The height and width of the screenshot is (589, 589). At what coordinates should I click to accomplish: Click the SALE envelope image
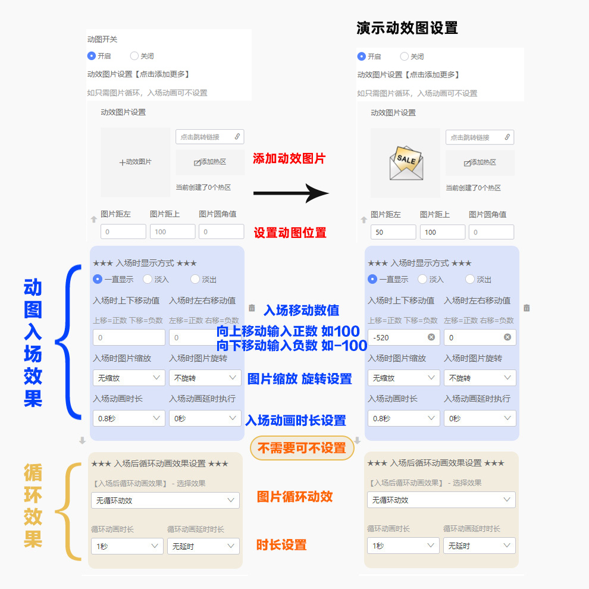pyautogui.click(x=405, y=163)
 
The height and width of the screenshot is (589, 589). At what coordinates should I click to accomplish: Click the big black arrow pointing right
pyautogui.click(x=291, y=193)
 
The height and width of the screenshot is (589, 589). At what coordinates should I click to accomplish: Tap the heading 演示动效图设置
pyautogui.click(x=407, y=28)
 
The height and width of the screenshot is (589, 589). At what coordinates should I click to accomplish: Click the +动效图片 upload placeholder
pyautogui.click(x=136, y=162)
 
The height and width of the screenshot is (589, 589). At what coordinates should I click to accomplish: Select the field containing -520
pyautogui.click(x=397, y=337)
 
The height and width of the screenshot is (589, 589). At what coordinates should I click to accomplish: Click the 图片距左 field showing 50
pyautogui.click(x=393, y=232)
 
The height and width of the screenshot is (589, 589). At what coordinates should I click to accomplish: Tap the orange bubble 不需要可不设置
pyautogui.click(x=302, y=448)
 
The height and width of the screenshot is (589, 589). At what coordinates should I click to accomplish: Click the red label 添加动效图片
pyautogui.click(x=289, y=159)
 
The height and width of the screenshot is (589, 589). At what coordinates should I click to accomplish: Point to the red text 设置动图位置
pyautogui.click(x=290, y=233)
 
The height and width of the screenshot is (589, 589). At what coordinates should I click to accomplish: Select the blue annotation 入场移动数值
pyautogui.click(x=301, y=310)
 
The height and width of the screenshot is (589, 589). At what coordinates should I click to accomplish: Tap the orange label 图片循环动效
pyautogui.click(x=294, y=496)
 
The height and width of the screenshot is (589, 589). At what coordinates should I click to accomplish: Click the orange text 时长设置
pyautogui.click(x=281, y=544)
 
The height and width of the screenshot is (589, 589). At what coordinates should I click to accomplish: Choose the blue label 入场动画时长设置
pyautogui.click(x=296, y=421)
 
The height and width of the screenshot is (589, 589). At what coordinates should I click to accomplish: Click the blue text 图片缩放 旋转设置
pyautogui.click(x=299, y=379)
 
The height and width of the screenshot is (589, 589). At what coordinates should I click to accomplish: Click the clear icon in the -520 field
pyautogui.click(x=431, y=337)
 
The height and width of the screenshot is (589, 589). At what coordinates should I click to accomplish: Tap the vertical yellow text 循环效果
pyautogui.click(x=33, y=506)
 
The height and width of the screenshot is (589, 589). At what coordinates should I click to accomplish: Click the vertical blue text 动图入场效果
pyautogui.click(x=33, y=343)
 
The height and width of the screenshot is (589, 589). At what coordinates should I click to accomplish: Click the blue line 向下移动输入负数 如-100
pyautogui.click(x=292, y=346)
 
